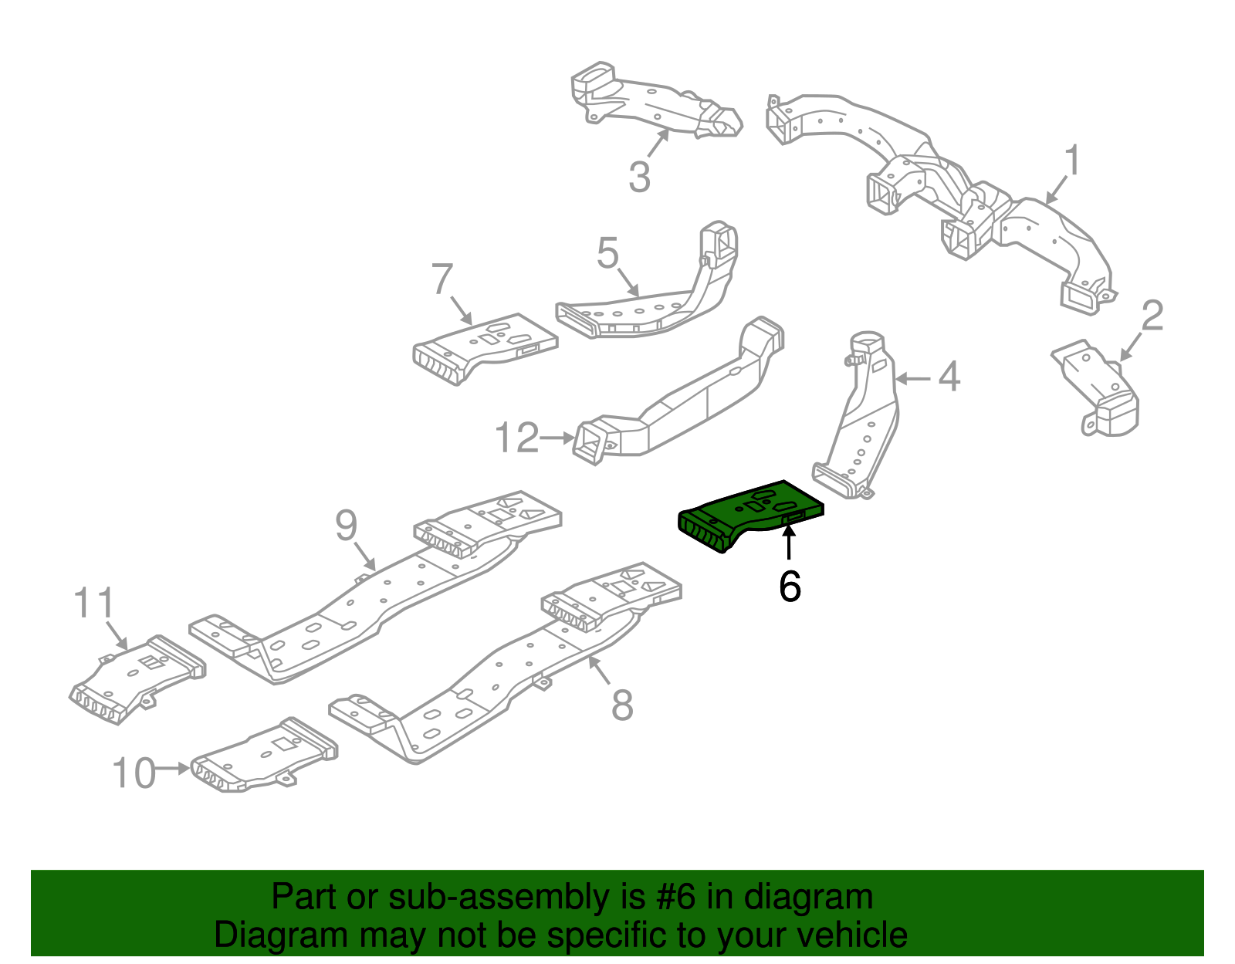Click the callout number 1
pyautogui.click(x=1072, y=160)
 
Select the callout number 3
pyautogui.click(x=639, y=177)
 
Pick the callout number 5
pyautogui.click(x=607, y=253)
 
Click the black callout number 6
pyautogui.click(x=790, y=587)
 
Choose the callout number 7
pyautogui.click(x=442, y=279)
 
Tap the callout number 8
pyautogui.click(x=622, y=705)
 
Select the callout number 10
pyautogui.click(x=134, y=773)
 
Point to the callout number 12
pyautogui.click(x=516, y=437)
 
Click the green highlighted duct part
pyautogui.click(x=751, y=516)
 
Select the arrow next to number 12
pyautogui.click(x=557, y=438)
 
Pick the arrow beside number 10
pyautogui.click(x=173, y=769)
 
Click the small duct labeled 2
pyautogui.click(x=1096, y=388)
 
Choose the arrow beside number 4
pyautogui.click(x=913, y=377)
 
